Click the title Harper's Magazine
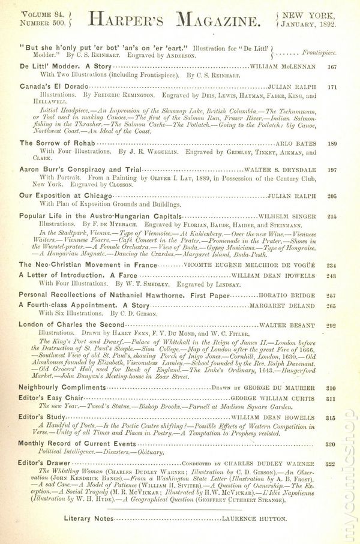coord(175,20)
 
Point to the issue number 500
coord(61,23)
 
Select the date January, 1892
coord(308,23)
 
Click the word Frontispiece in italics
coord(319,52)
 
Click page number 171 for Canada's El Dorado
coord(332,87)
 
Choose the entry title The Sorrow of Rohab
coord(58,143)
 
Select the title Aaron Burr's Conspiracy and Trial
coord(80,170)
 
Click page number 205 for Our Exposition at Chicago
coord(332,196)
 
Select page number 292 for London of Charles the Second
coord(332,326)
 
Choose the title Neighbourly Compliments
coord(62,387)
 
